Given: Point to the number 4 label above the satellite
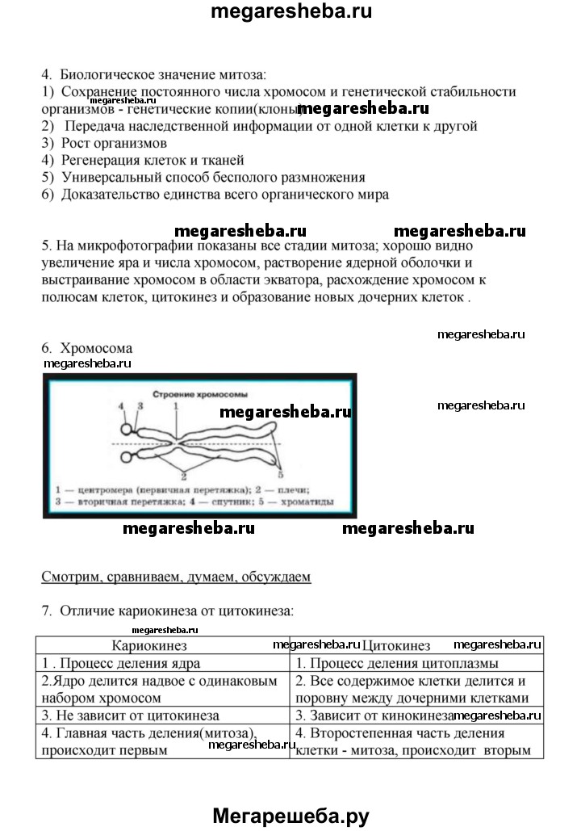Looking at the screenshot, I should click(x=123, y=406).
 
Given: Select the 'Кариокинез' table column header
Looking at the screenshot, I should click(x=148, y=645).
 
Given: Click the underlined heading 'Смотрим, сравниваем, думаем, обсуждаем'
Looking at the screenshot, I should click(x=175, y=577).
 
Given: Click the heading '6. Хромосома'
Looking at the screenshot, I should click(x=87, y=348).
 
